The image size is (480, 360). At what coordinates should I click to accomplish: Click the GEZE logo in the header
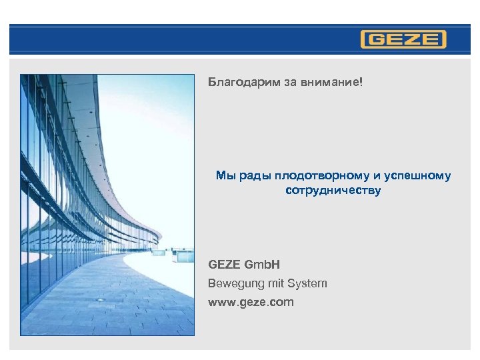[403, 39]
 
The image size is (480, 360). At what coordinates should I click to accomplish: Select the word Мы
[223, 176]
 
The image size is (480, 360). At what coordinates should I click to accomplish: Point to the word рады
[248, 176]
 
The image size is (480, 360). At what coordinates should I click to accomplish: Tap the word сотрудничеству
[333, 191]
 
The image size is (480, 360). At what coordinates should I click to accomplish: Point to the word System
[307, 283]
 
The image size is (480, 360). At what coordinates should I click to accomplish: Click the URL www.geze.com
[251, 302]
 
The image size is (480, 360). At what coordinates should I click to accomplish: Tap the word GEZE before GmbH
[225, 265]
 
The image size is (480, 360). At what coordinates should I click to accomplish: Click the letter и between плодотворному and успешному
[377, 176]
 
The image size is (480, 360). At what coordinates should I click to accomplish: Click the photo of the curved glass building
[107, 167]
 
